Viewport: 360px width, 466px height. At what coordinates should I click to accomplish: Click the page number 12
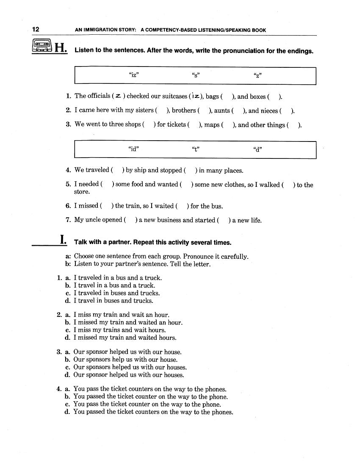(x=36, y=30)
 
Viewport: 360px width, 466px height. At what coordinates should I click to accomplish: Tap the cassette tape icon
(x=41, y=46)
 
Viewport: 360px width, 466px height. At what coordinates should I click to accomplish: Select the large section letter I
(x=63, y=240)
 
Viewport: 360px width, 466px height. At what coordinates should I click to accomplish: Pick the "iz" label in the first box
(x=134, y=76)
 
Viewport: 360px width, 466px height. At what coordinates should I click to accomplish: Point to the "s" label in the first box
(x=196, y=76)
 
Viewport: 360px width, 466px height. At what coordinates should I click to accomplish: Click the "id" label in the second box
(x=134, y=149)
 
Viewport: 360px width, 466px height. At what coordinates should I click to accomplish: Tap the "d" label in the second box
(x=258, y=149)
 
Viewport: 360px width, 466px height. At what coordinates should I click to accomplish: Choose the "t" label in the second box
(x=196, y=149)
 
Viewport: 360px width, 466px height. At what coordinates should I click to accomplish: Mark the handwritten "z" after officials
(x=119, y=96)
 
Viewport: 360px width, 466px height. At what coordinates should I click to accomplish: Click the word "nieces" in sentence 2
(x=269, y=111)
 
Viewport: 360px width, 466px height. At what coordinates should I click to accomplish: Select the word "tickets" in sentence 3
(x=177, y=125)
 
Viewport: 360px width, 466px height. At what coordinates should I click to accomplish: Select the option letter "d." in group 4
(x=67, y=412)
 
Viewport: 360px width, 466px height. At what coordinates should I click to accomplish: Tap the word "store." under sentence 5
(x=82, y=192)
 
